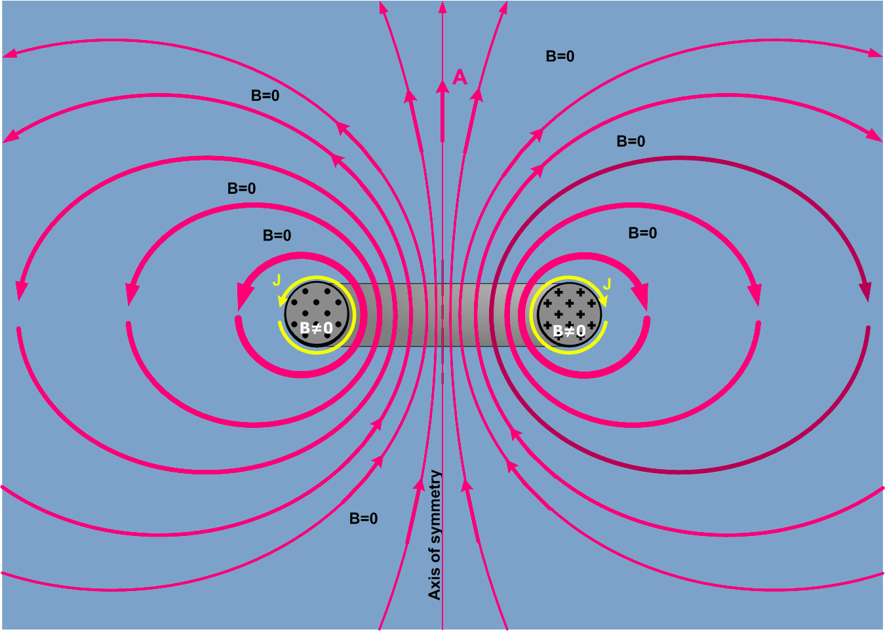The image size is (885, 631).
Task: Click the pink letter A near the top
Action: click(460, 77)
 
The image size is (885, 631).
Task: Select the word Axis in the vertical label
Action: click(435, 586)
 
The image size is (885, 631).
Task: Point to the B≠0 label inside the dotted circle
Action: click(316, 328)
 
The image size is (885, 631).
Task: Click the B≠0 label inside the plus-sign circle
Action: click(569, 331)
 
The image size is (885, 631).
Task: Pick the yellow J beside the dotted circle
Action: click(277, 280)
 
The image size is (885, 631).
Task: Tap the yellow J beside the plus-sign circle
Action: click(607, 284)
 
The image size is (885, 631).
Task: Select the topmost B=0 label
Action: click(560, 56)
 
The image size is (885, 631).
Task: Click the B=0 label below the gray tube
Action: click(363, 518)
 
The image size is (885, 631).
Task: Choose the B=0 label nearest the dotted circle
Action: click(277, 235)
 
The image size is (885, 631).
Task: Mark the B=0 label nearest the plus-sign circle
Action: click(642, 233)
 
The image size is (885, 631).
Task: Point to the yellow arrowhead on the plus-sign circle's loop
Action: click(603, 301)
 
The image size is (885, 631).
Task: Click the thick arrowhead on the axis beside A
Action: click(442, 87)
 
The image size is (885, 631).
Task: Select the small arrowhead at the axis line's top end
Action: click(442, 7)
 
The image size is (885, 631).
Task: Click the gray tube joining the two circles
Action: click(442, 315)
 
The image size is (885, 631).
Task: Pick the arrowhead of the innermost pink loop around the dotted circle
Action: click(245, 297)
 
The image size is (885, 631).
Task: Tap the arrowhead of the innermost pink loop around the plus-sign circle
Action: click(640, 297)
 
